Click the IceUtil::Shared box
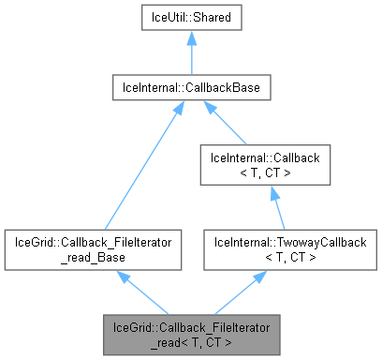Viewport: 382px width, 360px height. coord(191,17)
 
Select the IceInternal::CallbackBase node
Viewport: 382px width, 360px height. coord(191,88)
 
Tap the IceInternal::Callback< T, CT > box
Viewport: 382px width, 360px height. coord(271,166)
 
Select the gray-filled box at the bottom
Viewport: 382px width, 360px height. coord(191,334)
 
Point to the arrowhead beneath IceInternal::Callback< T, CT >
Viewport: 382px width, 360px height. coord(271,191)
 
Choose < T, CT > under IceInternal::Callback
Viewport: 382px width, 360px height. coord(271,173)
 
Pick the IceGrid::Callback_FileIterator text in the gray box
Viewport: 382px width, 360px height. coord(191,326)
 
